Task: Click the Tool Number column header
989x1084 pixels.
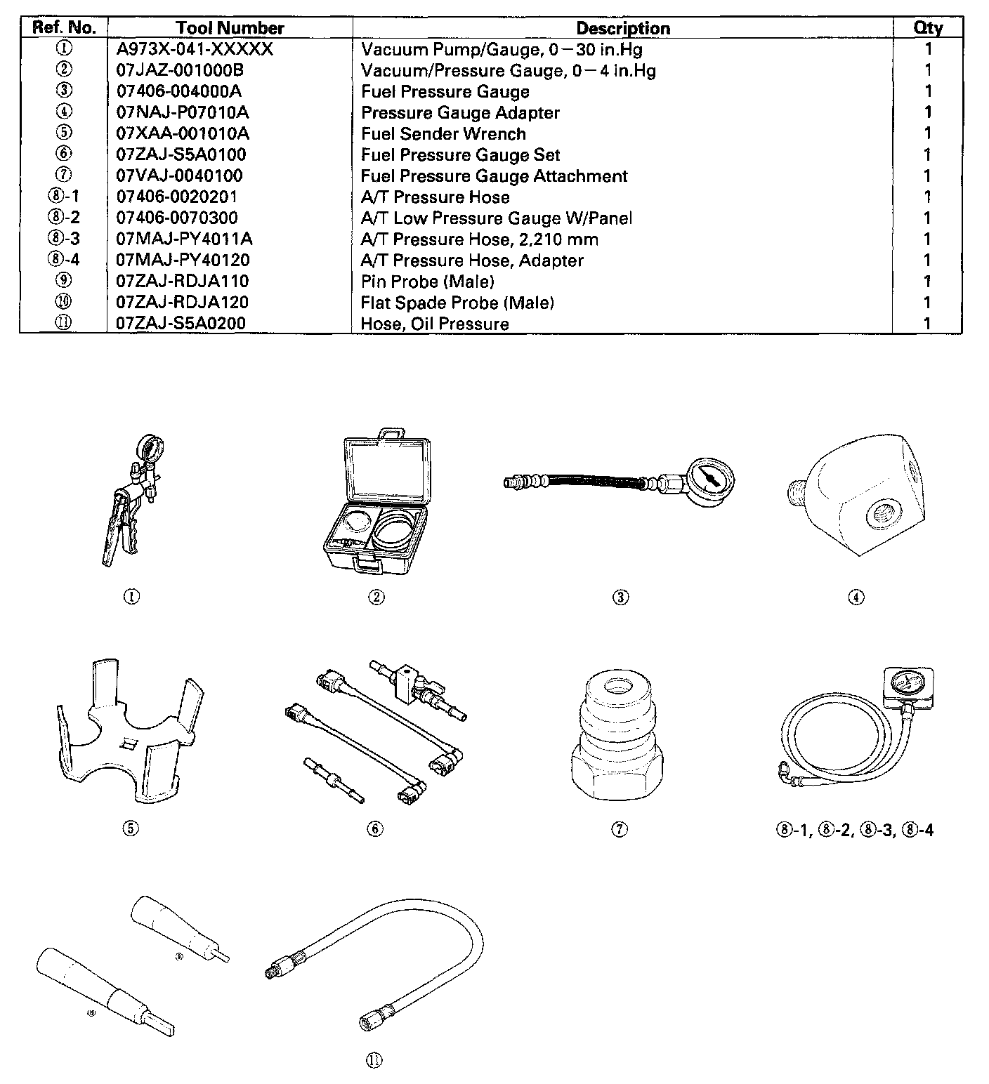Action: point(230,28)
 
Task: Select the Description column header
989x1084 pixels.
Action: point(622,28)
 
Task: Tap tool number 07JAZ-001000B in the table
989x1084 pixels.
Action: point(180,70)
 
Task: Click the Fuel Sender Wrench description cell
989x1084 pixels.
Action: point(443,133)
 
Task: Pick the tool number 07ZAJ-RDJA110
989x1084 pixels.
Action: point(182,281)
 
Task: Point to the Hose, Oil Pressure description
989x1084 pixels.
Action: point(434,324)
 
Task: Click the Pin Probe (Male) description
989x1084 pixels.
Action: point(427,281)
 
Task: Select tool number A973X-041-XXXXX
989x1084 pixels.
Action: point(194,49)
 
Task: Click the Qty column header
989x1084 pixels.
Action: point(928,28)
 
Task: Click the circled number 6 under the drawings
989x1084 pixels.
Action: point(375,829)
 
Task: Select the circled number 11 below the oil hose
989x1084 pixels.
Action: point(374,1061)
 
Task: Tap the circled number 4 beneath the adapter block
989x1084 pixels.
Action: point(856,597)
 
